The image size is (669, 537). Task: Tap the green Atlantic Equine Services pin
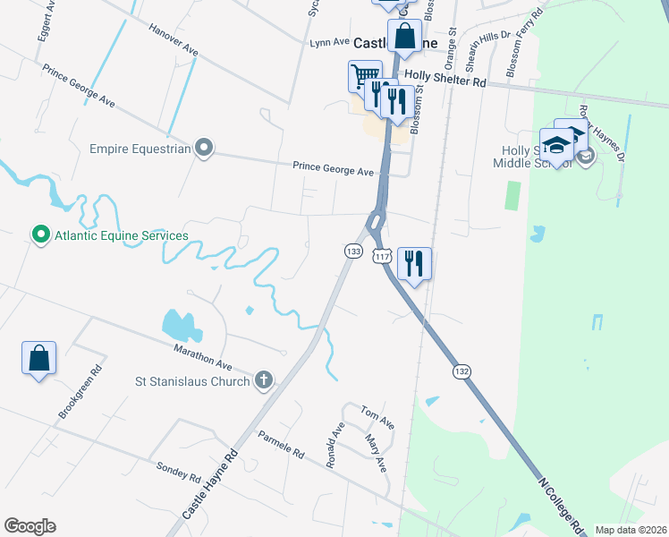point(39,236)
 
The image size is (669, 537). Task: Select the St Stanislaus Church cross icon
point(263,380)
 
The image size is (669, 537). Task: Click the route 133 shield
point(353,252)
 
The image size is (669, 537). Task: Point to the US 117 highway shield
point(383,256)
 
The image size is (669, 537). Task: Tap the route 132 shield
point(462,371)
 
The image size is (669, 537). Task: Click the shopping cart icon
point(364,75)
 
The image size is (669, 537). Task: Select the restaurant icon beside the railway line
point(414,263)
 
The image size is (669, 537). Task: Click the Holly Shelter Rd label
point(445,79)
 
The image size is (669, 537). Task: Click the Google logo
point(30,526)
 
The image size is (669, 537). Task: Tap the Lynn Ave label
point(329,42)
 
